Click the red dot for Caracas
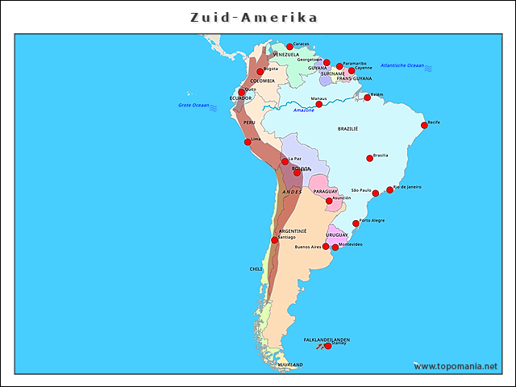pos(290,47)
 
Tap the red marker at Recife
pos(424,125)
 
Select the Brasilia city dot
pos(370,158)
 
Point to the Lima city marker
pos(248,142)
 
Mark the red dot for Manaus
pos(319,104)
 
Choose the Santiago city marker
pos(275,239)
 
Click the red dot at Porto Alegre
pos(356,223)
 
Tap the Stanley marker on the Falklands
pos(328,346)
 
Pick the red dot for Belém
pos(368,98)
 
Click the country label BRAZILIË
pos(347,128)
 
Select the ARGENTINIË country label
pos(293,231)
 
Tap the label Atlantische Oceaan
pos(402,65)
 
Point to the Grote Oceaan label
pos(193,105)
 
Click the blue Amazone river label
pos(304,110)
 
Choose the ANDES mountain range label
pos(292,192)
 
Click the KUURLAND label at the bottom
pos(290,365)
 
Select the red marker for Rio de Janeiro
pos(390,190)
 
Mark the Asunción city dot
pos(329,201)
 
